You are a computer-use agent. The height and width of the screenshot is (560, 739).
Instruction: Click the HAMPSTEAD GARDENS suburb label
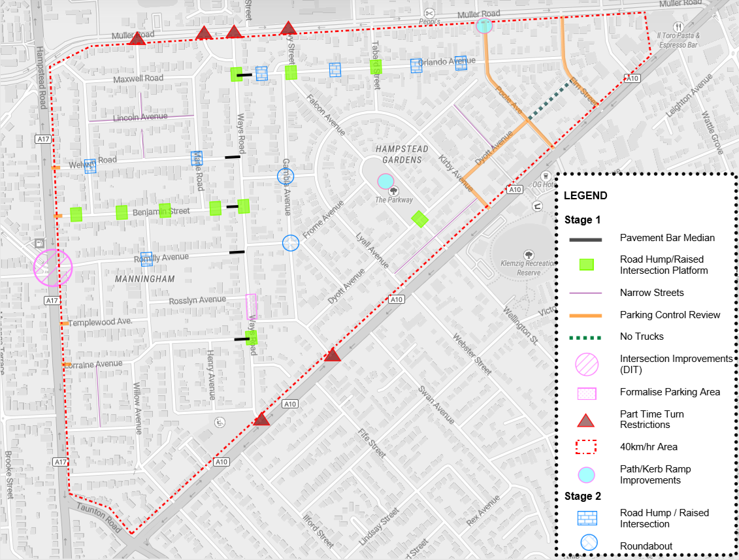(402, 154)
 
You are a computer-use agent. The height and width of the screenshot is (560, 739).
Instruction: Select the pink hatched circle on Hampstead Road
(53, 267)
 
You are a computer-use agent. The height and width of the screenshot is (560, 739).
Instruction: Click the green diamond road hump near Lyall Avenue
(419, 220)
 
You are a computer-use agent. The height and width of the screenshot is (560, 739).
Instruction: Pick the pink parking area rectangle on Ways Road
(251, 306)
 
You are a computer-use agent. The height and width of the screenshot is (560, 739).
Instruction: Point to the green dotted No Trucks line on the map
(548, 100)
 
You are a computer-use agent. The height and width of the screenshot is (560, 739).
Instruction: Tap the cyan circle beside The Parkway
(386, 181)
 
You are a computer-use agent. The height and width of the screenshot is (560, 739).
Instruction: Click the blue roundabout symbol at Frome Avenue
(290, 243)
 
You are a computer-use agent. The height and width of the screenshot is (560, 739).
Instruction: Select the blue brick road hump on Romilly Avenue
(146, 259)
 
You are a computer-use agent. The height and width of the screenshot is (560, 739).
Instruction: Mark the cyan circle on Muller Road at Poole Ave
(484, 26)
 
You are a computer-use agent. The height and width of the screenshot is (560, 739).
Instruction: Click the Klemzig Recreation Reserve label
(529, 268)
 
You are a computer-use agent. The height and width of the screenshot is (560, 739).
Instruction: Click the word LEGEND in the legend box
(585, 195)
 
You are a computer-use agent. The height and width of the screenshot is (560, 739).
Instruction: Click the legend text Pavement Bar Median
(666, 238)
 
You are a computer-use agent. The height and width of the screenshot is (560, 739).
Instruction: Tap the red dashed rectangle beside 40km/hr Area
(587, 447)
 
